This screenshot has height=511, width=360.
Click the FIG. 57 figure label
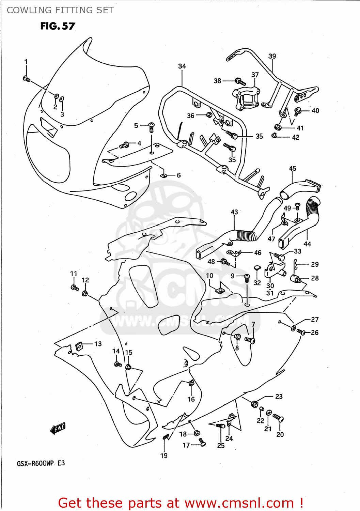coord(58,26)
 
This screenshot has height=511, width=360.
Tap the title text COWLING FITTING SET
coord(60,10)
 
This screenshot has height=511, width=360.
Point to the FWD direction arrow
coord(58,428)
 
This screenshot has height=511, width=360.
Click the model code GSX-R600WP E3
coord(41,463)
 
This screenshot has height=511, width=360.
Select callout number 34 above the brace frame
coord(182,66)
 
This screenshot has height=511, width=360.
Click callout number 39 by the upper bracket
coord(272,56)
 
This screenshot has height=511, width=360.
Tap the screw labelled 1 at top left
coord(27,79)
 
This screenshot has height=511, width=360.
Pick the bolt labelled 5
coord(152,127)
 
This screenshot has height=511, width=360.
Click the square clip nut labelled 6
coord(164,175)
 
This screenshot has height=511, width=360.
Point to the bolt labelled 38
coord(240,82)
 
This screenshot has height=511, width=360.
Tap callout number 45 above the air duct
coord(293,168)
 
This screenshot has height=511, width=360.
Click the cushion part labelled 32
coord(257,269)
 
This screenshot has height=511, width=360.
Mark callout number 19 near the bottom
coord(164,455)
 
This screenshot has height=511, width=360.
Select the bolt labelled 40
coord(297,110)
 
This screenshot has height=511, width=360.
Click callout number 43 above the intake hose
coord(234,212)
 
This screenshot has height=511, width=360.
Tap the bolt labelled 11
coord(75,288)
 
